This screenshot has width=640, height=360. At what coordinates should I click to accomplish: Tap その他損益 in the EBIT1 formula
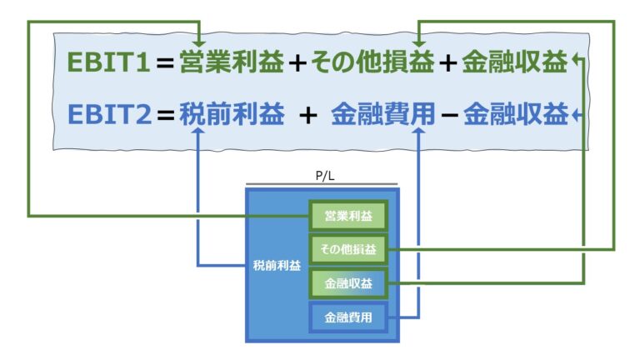pos(372,62)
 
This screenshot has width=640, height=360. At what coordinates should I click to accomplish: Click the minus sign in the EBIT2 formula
pos(448,113)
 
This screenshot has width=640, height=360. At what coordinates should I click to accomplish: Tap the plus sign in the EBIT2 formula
pos(307,113)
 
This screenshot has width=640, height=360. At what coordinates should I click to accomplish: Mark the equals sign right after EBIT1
pos(167,63)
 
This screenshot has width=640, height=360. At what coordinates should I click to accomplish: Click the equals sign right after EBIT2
pos(167,113)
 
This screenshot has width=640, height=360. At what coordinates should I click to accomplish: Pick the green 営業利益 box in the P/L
pos(347,216)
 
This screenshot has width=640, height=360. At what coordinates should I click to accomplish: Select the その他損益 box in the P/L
pos(347,249)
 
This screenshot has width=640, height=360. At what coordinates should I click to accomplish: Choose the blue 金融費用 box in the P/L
pos(347,317)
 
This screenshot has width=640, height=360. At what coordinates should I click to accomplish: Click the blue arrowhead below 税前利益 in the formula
pos(199,134)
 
